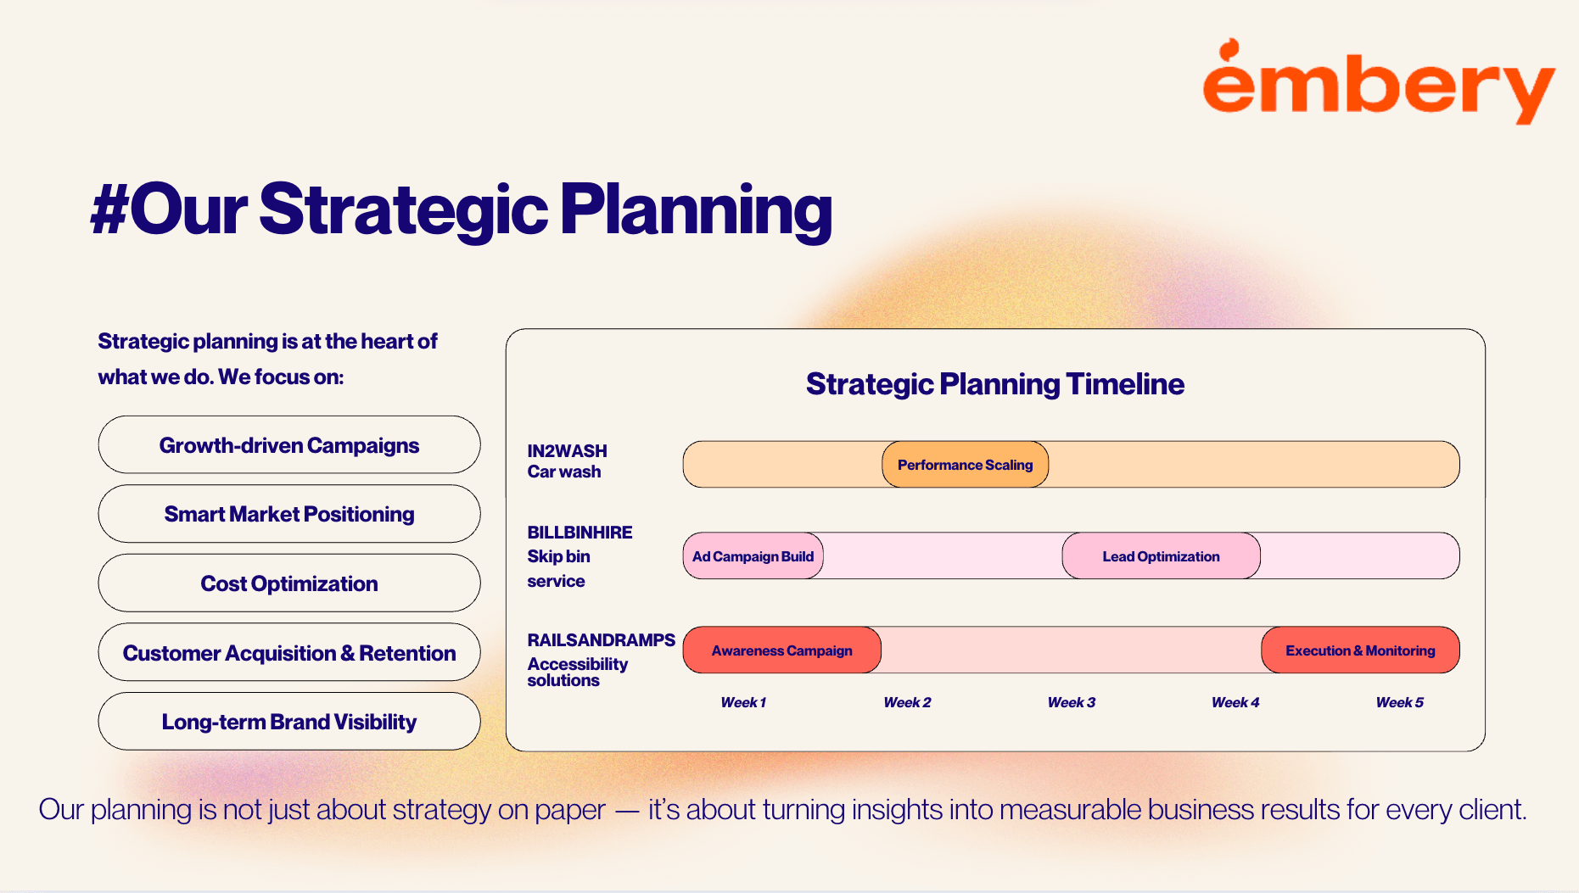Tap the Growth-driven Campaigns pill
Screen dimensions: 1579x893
tap(289, 444)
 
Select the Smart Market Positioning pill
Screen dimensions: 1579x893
tap(289, 514)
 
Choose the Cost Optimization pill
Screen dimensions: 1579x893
tap(289, 583)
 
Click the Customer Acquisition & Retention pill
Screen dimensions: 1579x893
tap(289, 652)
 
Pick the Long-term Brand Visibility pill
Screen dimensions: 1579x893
tap(289, 722)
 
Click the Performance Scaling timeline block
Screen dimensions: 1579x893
tap(966, 465)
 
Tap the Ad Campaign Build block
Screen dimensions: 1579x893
tap(753, 556)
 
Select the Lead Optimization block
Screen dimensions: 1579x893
tap(1162, 556)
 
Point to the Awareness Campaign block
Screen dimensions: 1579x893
tap(782, 650)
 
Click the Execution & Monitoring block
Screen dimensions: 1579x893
tap(1361, 650)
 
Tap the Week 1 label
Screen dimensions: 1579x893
tap(743, 702)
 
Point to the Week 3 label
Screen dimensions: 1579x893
tap(1072, 702)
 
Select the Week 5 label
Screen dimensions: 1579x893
tap(1400, 702)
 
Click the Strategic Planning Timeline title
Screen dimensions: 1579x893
tap(995, 384)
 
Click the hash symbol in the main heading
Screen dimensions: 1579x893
tap(109, 209)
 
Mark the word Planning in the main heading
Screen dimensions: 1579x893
tap(696, 211)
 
